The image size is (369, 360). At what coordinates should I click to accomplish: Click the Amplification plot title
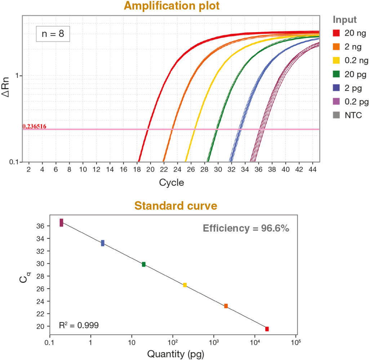coord(172,6)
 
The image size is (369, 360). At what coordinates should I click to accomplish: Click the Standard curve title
coord(176,206)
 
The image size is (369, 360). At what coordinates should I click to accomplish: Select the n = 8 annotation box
coord(53,34)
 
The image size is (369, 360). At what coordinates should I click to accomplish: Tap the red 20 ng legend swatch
coord(336,33)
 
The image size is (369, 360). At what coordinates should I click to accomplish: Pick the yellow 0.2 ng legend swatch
coord(336,61)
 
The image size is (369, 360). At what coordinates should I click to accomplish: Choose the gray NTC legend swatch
coord(336,115)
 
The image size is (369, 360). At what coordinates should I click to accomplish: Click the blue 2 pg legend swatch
coord(336,88)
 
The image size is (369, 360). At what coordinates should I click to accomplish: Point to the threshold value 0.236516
coord(34,126)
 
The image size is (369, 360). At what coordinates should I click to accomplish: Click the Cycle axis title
coord(172,183)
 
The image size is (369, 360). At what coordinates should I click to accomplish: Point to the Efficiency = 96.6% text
coord(246,228)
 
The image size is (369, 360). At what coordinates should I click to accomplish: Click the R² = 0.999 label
coord(79,325)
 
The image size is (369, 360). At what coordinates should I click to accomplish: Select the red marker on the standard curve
coord(267,329)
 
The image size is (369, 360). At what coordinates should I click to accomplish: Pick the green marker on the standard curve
coord(144,264)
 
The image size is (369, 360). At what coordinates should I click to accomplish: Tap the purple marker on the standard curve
coord(62,223)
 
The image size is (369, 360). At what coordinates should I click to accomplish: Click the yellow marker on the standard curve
coord(185,285)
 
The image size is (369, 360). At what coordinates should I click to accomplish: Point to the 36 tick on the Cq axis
coord(40,226)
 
